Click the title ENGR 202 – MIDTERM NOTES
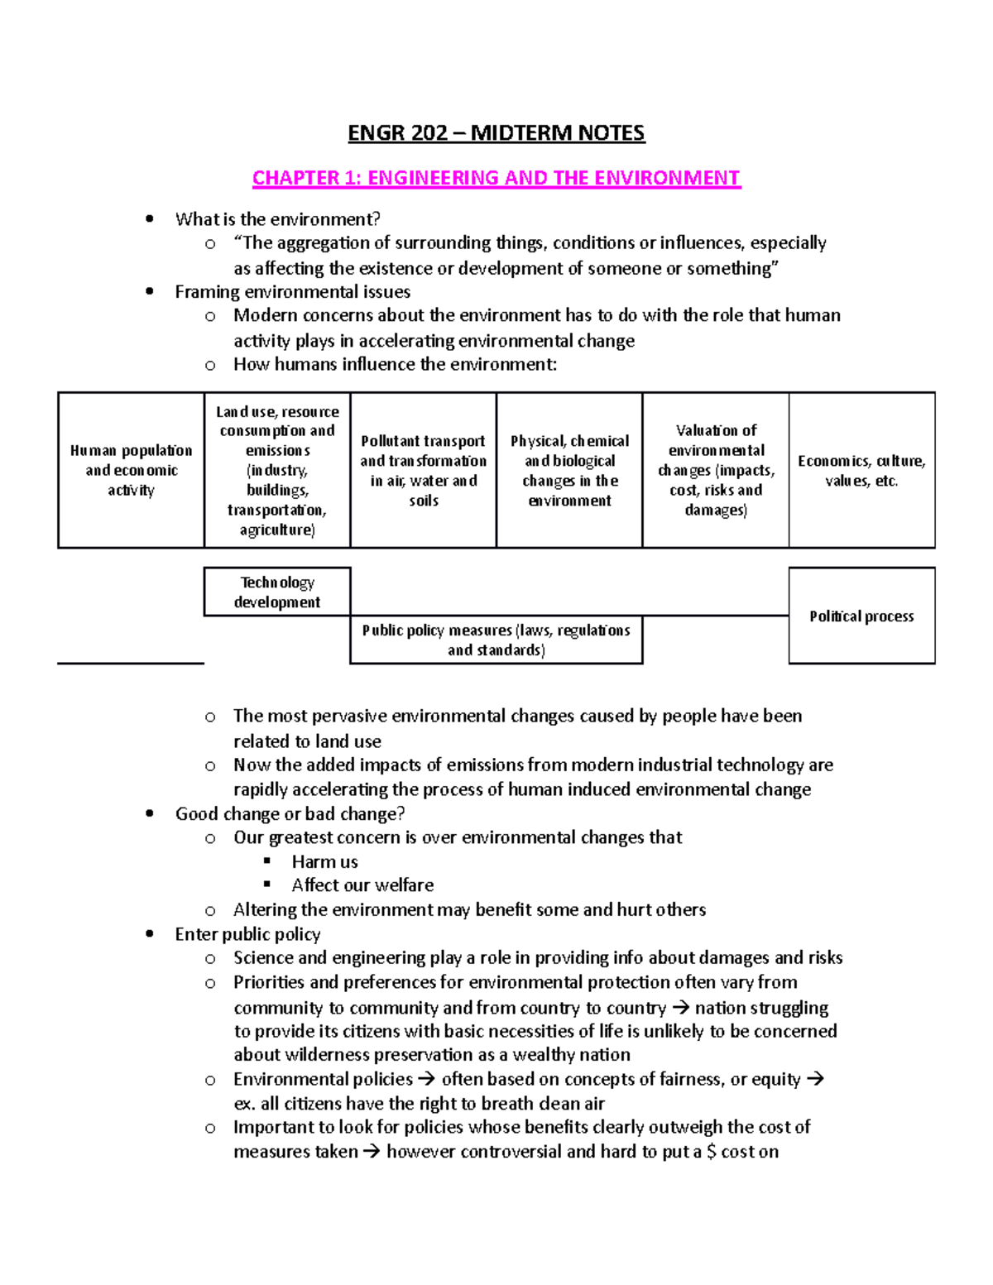tap(496, 133)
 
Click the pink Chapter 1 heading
tap(496, 178)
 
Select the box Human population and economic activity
tap(131, 470)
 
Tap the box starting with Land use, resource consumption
tap(277, 470)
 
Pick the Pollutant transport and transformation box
tap(423, 470)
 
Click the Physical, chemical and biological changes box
tap(569, 470)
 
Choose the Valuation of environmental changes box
tap(716, 470)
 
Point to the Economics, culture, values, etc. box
tap(861, 470)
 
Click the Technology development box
tap(277, 592)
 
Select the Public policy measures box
tap(496, 640)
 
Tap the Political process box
tap(861, 616)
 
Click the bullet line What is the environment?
tap(277, 219)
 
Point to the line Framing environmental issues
tap(292, 292)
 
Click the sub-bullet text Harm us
tap(324, 861)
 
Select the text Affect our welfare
tap(362, 885)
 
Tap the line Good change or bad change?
tap(290, 814)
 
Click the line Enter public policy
tap(247, 934)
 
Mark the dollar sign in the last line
tap(712, 1152)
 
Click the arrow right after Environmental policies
tap(426, 1079)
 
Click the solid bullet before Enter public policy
tap(150, 934)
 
